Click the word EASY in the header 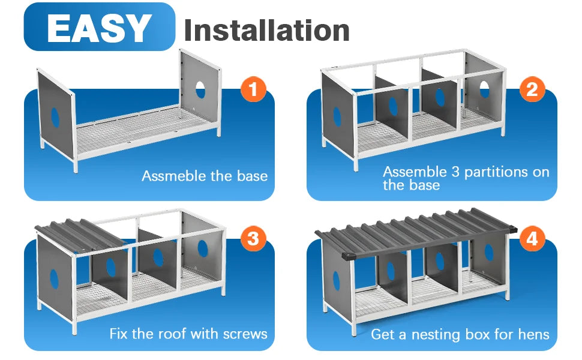point(99,28)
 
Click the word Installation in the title point(266,30)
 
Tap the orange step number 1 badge point(253,90)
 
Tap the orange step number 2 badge point(532,90)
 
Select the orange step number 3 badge point(253,239)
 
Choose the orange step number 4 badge point(532,239)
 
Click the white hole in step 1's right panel point(200,89)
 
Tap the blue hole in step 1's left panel point(55,118)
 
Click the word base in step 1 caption point(253,176)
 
